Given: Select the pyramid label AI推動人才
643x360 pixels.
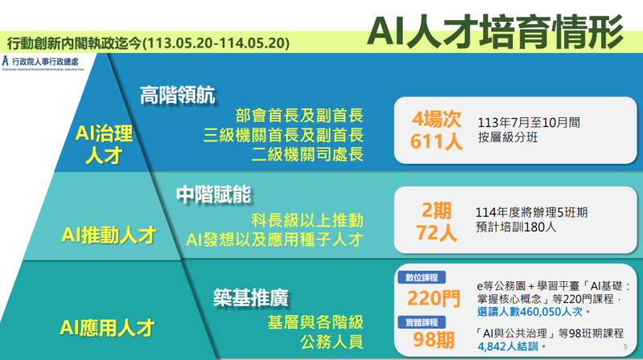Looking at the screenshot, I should [109, 235].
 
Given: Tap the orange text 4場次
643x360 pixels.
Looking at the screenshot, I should [436, 120].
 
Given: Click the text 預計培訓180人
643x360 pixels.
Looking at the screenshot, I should [514, 227].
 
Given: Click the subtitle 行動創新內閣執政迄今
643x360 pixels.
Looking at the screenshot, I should [146, 42].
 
